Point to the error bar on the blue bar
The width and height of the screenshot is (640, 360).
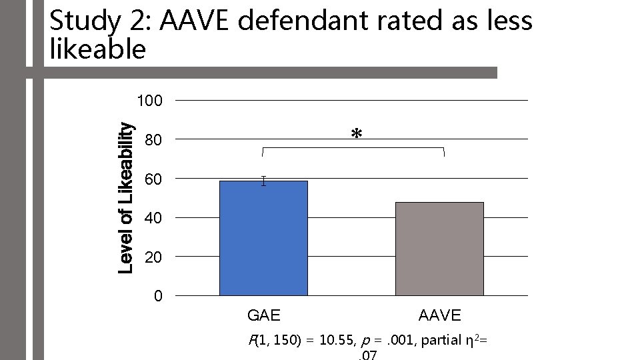click(264, 181)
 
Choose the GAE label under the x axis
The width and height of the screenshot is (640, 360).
click(263, 315)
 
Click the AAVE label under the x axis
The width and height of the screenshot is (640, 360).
click(439, 315)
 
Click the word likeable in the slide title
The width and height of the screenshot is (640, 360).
click(97, 49)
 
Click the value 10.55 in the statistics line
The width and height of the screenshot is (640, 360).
click(337, 341)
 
